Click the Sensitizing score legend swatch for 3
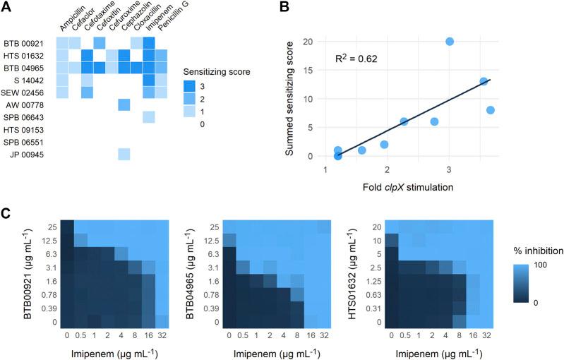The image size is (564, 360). click(190, 86)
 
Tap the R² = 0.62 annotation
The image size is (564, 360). click(356, 59)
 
